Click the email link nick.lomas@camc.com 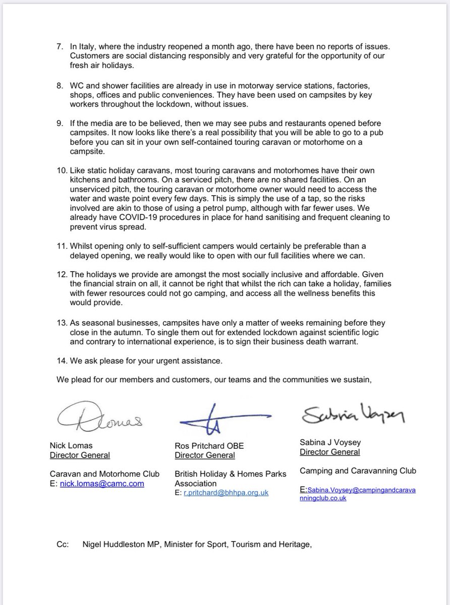[101, 483]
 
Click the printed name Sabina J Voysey [330, 442]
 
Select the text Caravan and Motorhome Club [104, 473]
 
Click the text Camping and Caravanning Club [358, 471]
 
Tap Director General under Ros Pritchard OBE [204, 455]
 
